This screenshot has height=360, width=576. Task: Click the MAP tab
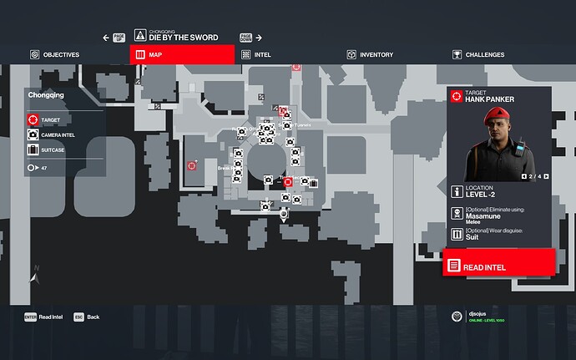coord(182,54)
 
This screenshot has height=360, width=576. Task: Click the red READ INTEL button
coord(499,266)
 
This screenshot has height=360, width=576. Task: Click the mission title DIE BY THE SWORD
coord(184,38)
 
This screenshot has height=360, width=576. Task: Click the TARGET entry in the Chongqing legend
coord(49,120)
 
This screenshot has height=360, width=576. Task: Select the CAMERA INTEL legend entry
coord(57,134)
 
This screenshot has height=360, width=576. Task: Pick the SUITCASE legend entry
coord(52,150)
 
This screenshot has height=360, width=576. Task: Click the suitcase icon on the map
coord(315,184)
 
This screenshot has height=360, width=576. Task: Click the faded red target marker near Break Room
coord(191,165)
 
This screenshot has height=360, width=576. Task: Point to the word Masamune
coord(483,215)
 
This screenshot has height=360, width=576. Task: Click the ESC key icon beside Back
coord(78,317)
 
